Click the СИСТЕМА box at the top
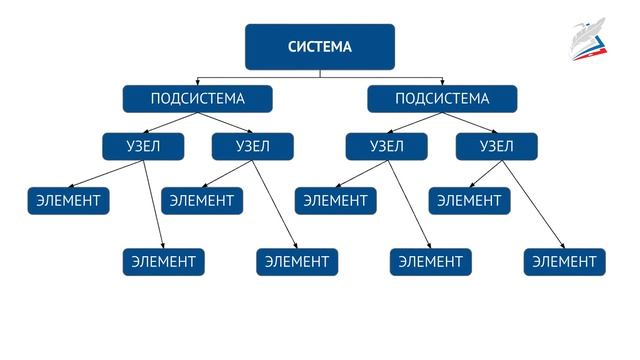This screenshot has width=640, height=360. tap(320, 47)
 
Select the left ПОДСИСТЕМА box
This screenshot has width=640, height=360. tap(198, 99)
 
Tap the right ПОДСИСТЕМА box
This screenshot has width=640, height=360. tap(442, 99)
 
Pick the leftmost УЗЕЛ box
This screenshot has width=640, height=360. tap(143, 147)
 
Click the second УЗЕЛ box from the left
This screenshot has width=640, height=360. tap(253, 147)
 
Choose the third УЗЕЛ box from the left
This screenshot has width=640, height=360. tap(387, 147)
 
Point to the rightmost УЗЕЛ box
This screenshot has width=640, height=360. tap(496, 147)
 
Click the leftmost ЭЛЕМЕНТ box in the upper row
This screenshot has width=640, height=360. tap(68, 201)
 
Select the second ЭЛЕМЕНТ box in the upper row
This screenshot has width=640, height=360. tap(202, 201)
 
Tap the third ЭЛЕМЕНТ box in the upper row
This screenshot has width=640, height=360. tap(336, 201)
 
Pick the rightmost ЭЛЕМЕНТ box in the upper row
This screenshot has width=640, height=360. tap(469, 201)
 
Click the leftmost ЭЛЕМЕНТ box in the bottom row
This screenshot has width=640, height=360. tap(164, 262)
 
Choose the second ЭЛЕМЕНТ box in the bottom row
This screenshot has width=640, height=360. tap(297, 262)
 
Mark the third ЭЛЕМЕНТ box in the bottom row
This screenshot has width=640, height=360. tap(431, 262)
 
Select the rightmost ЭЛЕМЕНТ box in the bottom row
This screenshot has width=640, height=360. tap(564, 262)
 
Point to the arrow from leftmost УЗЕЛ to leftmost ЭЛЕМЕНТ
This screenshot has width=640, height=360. tap(106, 174)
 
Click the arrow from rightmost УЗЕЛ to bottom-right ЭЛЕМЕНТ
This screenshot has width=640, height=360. tap(533, 204)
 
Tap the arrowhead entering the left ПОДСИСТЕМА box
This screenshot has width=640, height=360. tap(198, 82)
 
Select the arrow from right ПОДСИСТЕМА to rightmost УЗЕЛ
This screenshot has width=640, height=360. tap(469, 123)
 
